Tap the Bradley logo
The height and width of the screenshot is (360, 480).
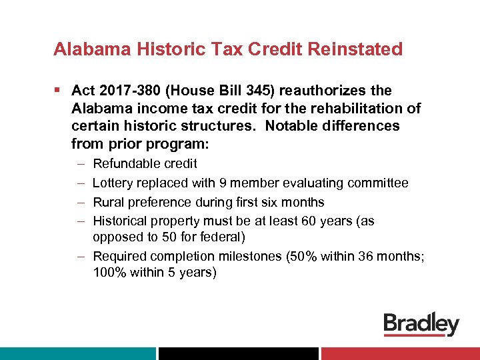(421, 325)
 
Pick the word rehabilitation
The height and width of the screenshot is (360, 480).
(361, 108)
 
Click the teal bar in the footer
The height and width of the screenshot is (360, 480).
(77, 353)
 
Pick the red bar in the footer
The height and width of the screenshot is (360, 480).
(400, 353)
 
